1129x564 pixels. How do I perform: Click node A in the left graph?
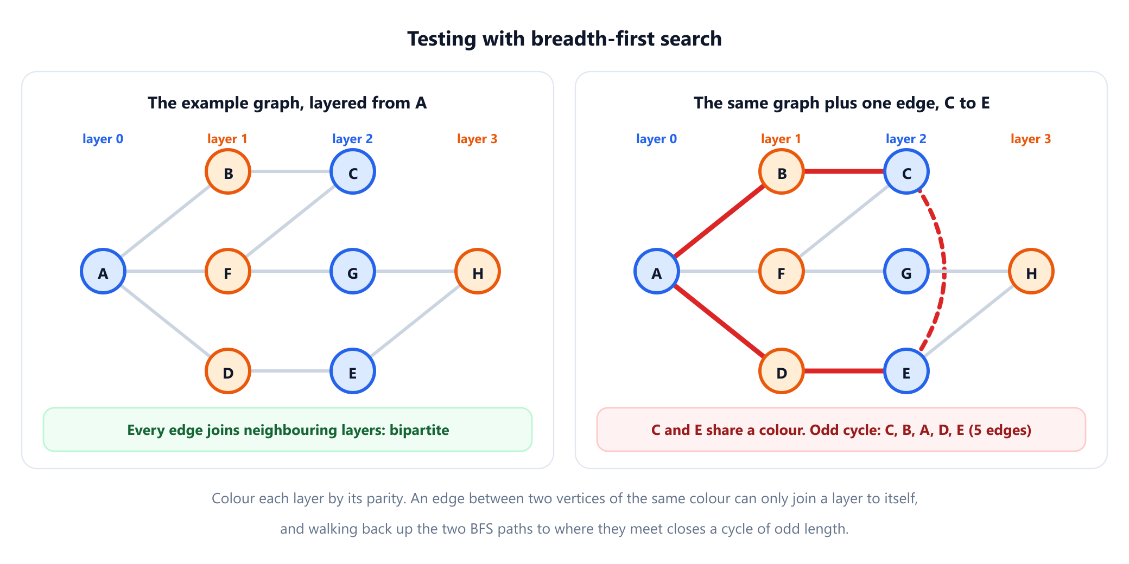(x=103, y=271)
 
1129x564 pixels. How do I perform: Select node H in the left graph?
(x=478, y=271)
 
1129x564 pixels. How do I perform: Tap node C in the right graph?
(x=906, y=171)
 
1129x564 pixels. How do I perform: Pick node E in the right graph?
(x=906, y=371)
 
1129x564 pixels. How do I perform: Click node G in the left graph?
(x=353, y=271)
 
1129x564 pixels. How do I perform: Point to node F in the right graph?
(x=782, y=271)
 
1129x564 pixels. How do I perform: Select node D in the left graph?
(x=228, y=371)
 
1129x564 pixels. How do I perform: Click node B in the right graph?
(x=782, y=171)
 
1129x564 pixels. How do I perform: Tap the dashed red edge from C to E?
(x=944, y=271)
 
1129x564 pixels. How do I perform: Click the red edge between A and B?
(x=719, y=221)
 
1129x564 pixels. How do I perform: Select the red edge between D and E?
(x=844, y=371)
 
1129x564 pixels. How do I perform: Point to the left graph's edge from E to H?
(x=415, y=321)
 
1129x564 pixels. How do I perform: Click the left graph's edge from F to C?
(x=290, y=221)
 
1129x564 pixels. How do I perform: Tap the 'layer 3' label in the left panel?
(x=477, y=139)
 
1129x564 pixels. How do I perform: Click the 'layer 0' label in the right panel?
(x=656, y=139)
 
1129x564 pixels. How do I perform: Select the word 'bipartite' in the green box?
(x=419, y=430)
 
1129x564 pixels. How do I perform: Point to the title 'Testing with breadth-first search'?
(x=564, y=39)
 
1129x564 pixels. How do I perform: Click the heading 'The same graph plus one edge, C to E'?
(x=841, y=103)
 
